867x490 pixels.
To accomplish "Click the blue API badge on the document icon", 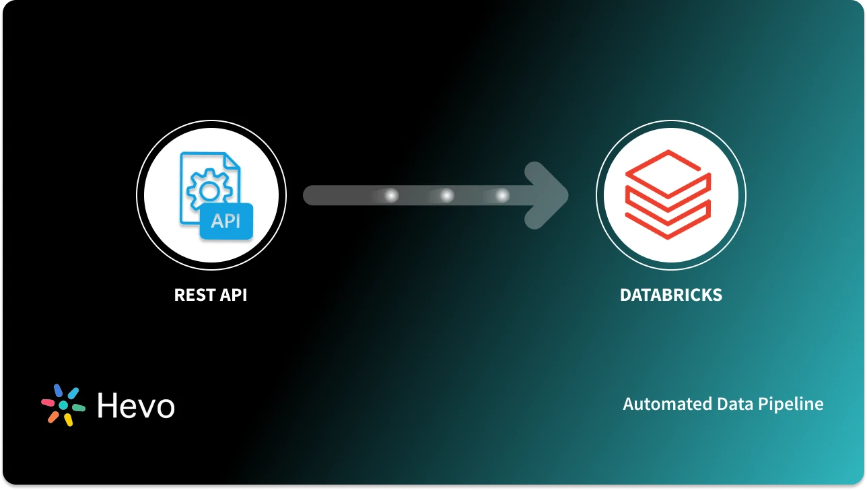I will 226,221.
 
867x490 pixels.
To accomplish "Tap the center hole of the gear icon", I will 208,190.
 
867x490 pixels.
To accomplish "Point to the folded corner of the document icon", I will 231,162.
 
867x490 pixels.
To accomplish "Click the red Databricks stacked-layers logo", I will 668,195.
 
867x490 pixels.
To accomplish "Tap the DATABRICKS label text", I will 670,295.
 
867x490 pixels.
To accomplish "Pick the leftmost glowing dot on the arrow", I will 391,196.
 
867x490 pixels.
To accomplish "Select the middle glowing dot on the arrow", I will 446,196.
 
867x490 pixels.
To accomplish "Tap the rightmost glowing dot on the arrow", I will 502,196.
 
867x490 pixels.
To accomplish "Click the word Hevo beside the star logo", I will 135,405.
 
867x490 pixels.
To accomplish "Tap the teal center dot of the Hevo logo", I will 63,405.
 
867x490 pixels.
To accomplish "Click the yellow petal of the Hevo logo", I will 68,419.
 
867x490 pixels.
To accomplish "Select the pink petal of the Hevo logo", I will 48,402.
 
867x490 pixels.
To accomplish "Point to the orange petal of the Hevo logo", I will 54,417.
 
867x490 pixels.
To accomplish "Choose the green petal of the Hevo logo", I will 78,408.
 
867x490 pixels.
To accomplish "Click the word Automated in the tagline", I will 658,404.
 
